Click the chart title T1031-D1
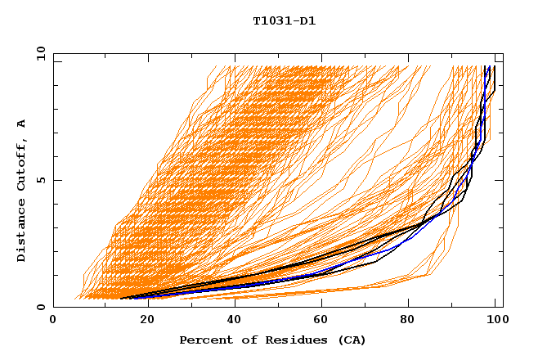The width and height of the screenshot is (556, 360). (285, 21)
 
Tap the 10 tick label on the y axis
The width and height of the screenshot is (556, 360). (38, 53)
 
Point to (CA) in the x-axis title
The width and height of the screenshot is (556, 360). (349, 340)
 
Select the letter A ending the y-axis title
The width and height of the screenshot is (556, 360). (22, 123)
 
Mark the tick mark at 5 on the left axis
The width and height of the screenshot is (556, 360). (56, 180)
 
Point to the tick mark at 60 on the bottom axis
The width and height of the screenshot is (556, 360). (320, 304)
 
